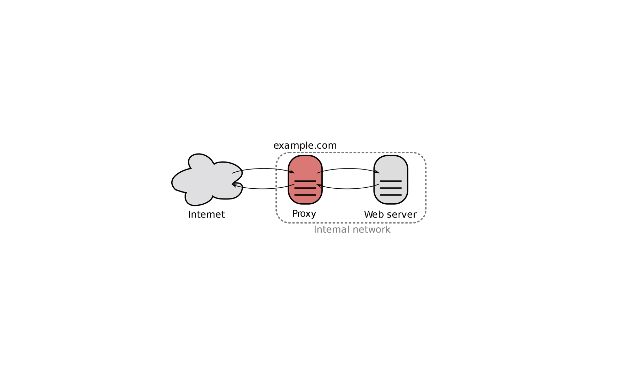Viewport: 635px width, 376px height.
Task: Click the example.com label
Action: pos(305,146)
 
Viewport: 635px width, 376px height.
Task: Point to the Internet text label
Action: pos(206,214)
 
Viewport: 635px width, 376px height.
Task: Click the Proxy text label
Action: pos(304,214)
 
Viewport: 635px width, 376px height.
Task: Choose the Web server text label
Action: pos(390,214)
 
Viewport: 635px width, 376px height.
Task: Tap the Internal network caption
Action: pos(352,230)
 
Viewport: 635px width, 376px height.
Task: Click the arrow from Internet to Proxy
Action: pos(263,169)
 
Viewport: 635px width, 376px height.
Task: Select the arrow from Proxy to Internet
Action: pos(263,189)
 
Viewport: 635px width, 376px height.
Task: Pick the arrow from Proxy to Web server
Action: pos(348,169)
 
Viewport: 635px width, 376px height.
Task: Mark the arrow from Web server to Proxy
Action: pos(348,189)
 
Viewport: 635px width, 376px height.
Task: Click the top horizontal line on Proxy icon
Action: pos(305,181)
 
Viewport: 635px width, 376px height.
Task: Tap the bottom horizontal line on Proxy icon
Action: pos(305,195)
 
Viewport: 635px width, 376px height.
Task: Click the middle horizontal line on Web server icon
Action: pos(391,188)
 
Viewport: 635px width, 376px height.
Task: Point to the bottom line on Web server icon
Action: pos(391,195)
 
